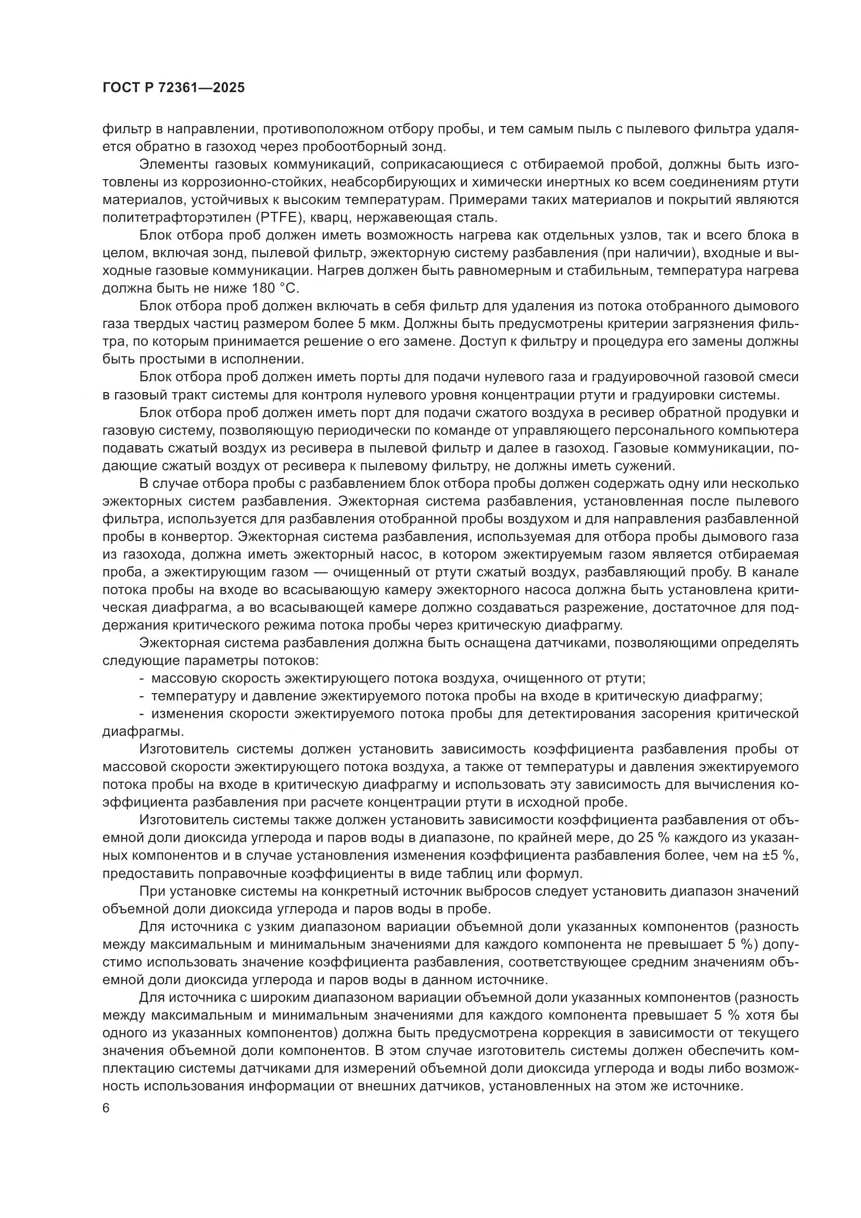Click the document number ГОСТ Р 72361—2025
tap(173, 88)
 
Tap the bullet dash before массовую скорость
tap(142, 679)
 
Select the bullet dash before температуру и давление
tap(142, 696)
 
